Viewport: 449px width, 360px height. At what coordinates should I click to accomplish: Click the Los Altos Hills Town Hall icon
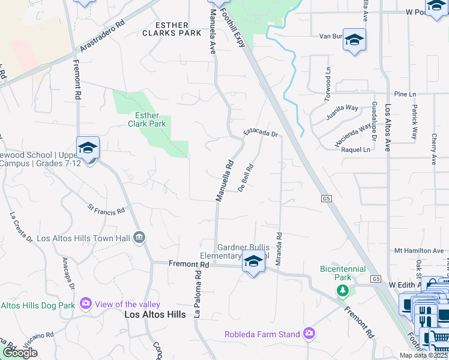coord(139,238)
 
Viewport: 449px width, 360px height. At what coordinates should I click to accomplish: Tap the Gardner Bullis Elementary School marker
coord(253,262)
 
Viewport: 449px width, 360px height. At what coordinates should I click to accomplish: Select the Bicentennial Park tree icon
coord(342,291)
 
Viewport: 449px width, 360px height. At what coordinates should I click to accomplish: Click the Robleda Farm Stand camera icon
coord(309,334)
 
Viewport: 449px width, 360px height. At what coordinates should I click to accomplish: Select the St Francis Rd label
coord(106,210)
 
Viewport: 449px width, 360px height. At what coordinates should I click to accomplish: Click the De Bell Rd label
coord(247,178)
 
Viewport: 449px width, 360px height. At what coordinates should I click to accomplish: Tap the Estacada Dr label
coord(261,133)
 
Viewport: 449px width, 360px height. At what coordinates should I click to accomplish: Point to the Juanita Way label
coord(342,112)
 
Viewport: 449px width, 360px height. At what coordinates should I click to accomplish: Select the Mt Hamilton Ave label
coord(418,250)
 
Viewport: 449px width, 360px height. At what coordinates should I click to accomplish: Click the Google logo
coord(20,353)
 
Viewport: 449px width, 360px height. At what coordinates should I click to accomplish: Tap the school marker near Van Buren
coord(354,40)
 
